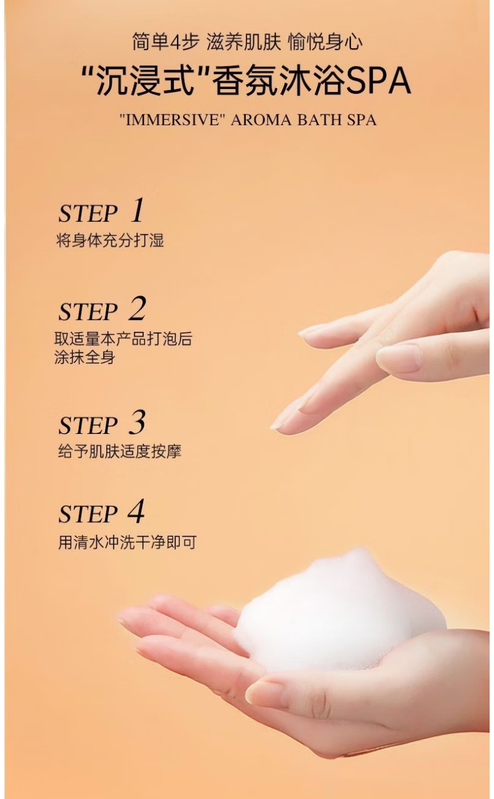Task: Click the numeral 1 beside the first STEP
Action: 138,210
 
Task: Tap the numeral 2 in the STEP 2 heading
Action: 138,309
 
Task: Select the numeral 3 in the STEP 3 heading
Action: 138,422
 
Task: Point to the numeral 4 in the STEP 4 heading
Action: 136,511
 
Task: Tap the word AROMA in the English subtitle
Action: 260,120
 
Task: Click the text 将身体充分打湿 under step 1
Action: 111,240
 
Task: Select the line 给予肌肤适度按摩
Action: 119,451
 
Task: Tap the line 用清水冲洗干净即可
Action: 128,542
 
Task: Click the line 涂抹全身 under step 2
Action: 85,357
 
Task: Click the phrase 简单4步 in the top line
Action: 165,42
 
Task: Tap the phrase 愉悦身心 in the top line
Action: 325,42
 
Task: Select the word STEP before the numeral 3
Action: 88,426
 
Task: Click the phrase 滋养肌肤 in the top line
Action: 244,42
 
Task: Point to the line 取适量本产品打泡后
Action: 123,339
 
